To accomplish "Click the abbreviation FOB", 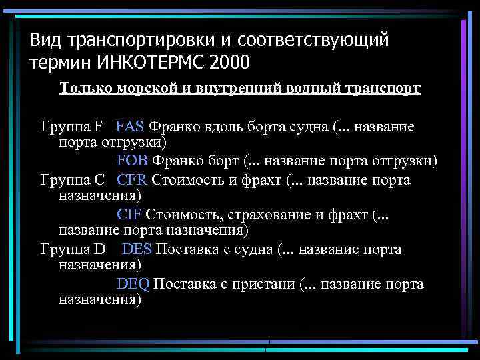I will (x=132, y=161).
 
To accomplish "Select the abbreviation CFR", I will (x=132, y=179).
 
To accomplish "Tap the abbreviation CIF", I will (x=129, y=214).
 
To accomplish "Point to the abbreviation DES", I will (x=137, y=249).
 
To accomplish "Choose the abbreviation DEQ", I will (x=133, y=283).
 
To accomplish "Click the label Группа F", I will (x=71, y=126).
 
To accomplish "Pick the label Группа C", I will (x=72, y=179).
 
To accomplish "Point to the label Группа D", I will (x=73, y=249).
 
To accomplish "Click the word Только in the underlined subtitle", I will (x=83, y=89).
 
